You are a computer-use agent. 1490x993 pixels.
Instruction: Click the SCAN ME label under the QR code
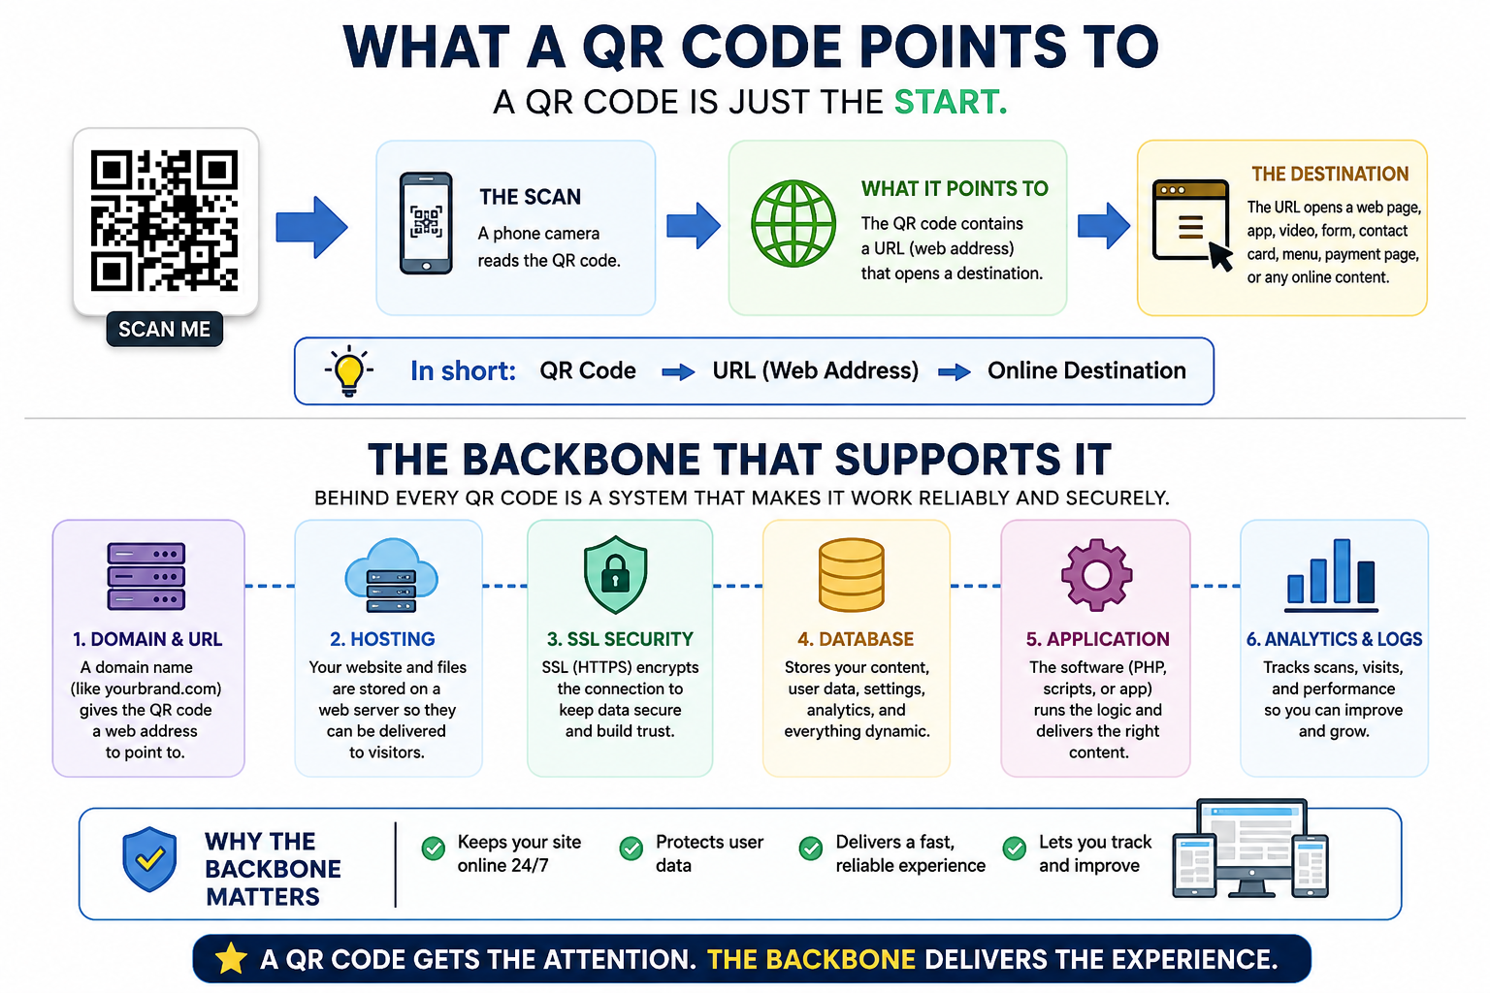click(x=164, y=330)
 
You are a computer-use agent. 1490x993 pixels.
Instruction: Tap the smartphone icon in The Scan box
click(x=426, y=223)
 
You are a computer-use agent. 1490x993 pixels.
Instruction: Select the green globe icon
click(x=793, y=223)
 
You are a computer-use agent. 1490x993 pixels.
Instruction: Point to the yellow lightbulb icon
click(x=348, y=371)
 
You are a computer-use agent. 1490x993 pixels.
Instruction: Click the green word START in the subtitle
click(x=951, y=102)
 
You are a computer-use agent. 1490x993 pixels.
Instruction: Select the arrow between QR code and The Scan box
click(x=311, y=227)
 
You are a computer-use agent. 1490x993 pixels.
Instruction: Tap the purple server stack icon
click(x=146, y=577)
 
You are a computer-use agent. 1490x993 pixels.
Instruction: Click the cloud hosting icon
click(x=391, y=575)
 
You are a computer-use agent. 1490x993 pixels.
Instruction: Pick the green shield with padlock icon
click(x=615, y=574)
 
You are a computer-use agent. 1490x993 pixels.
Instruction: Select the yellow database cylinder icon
click(x=852, y=575)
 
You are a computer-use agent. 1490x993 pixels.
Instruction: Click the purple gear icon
click(x=1096, y=575)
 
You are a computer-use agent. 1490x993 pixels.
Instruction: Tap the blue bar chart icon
click(x=1331, y=575)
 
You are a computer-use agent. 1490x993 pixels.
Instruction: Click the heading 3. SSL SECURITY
click(x=620, y=639)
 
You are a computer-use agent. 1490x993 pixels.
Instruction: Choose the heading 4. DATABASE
click(x=856, y=639)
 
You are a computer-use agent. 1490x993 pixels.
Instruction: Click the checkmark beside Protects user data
click(x=632, y=848)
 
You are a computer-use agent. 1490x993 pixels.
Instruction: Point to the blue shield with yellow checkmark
click(x=149, y=858)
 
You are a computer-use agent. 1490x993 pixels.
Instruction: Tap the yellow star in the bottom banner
click(x=231, y=958)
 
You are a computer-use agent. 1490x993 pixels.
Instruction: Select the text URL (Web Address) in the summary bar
click(x=816, y=370)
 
